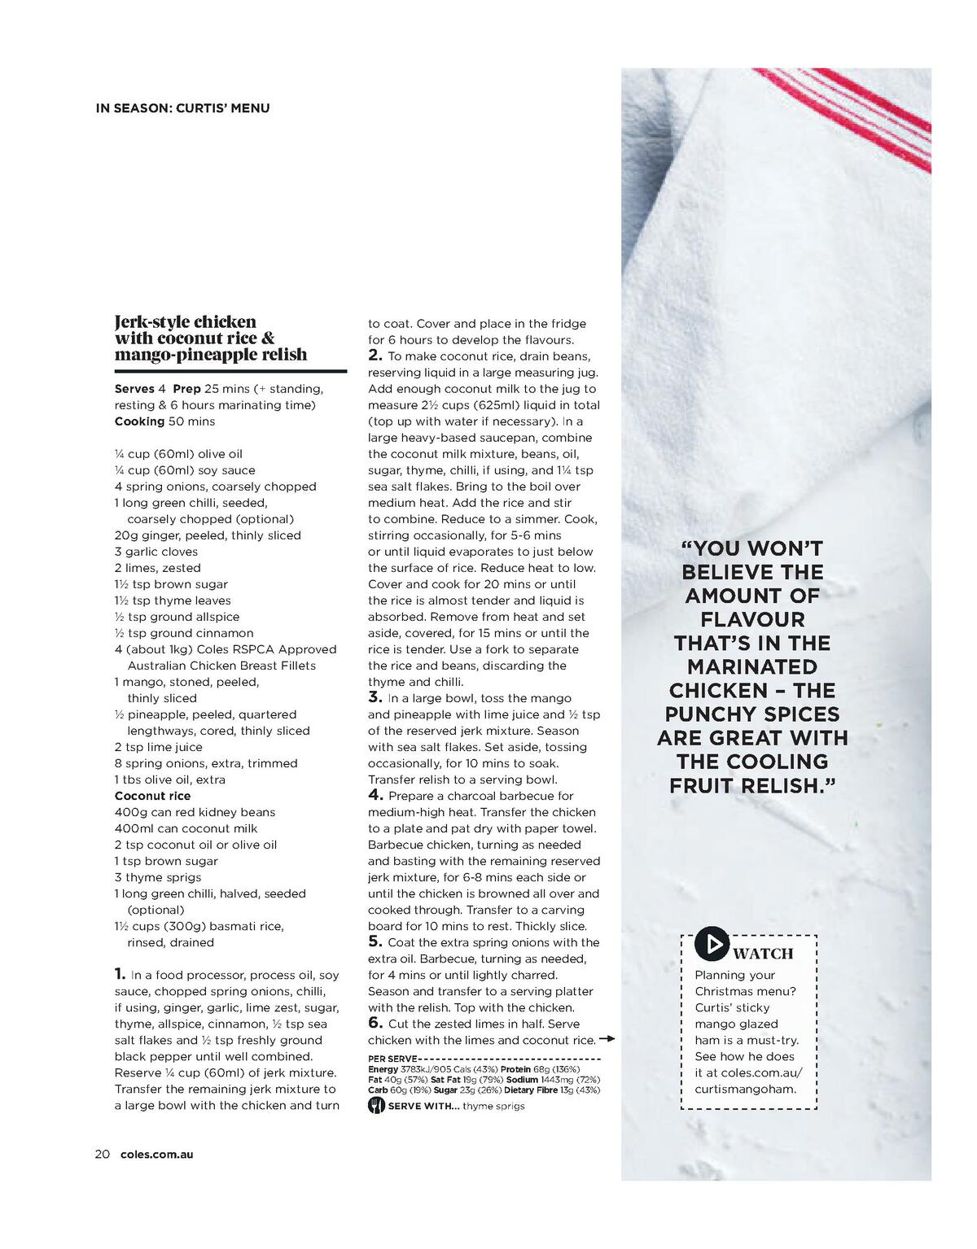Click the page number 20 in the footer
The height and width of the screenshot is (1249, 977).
click(102, 1154)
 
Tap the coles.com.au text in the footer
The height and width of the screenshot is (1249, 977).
click(156, 1154)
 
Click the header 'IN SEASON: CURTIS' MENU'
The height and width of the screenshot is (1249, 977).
click(182, 107)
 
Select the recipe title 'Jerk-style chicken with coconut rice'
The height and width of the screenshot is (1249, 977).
click(211, 338)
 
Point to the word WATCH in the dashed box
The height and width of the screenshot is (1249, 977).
click(763, 953)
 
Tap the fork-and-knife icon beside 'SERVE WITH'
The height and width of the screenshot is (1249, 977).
click(376, 1105)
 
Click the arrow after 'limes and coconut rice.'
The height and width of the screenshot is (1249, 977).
click(607, 1039)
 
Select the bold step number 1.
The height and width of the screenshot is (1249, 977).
click(120, 973)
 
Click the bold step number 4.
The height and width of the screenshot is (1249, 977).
click(375, 794)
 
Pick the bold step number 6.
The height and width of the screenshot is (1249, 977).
click(375, 1022)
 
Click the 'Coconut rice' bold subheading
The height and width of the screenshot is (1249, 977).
click(152, 796)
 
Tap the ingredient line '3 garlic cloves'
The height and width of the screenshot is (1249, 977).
click(156, 552)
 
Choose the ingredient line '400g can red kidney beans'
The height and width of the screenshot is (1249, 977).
click(195, 812)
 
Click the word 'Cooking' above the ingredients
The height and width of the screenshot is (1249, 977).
click(139, 421)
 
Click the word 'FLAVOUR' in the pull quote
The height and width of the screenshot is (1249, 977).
click(752, 619)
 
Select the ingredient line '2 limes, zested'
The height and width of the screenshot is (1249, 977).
click(157, 568)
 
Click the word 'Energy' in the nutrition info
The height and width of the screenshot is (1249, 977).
click(383, 1068)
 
